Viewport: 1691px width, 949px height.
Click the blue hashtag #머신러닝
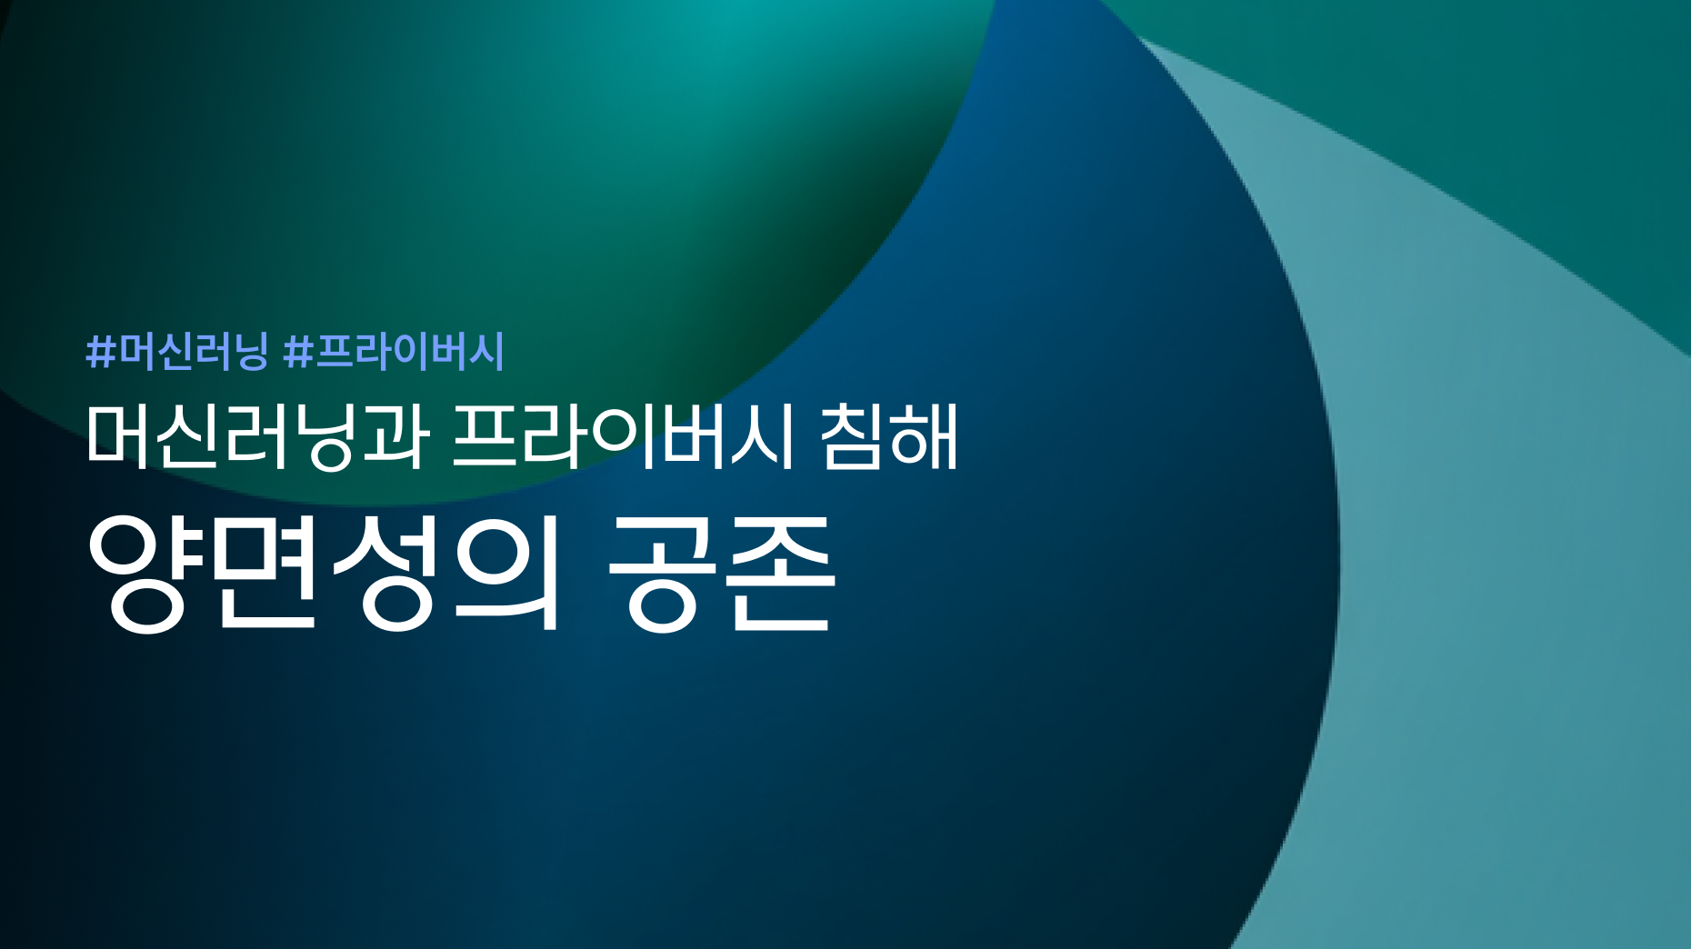click(x=177, y=351)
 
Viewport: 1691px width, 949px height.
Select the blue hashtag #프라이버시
click(x=394, y=351)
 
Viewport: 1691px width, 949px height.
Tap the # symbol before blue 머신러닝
click(x=101, y=352)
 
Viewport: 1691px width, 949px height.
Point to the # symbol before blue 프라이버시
click(x=298, y=352)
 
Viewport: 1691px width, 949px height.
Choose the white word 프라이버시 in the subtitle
click(x=624, y=436)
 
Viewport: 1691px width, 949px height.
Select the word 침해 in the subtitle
click(x=889, y=436)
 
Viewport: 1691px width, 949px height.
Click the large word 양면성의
click(x=324, y=573)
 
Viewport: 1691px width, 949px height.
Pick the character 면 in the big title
click(x=265, y=573)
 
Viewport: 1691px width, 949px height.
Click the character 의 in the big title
click(x=505, y=573)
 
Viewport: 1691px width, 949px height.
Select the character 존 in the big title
click(x=782, y=572)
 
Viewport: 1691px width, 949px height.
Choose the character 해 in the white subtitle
click(x=926, y=436)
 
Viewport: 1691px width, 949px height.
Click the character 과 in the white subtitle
click(x=394, y=436)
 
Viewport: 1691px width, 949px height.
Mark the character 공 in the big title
click(x=663, y=572)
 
